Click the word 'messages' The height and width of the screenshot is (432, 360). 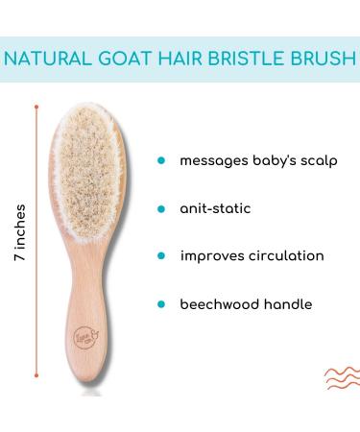tap(213, 160)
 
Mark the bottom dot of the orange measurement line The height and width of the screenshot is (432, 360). tap(37, 391)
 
